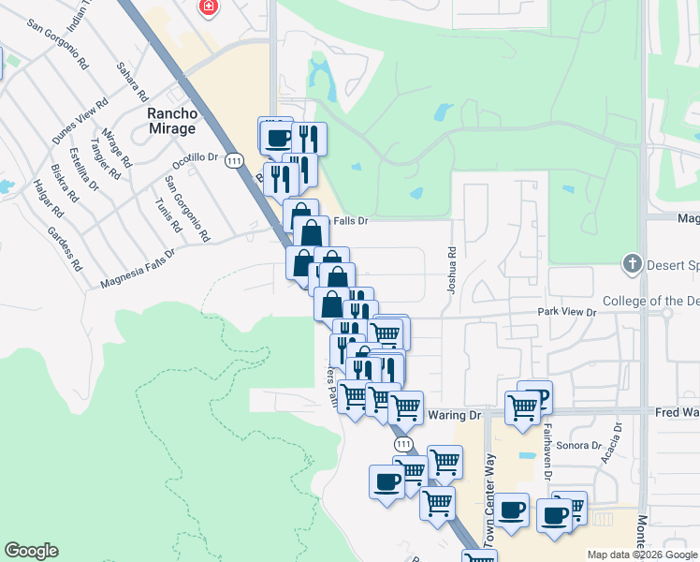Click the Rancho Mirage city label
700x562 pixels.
[172, 121]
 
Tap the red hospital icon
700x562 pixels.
[208, 7]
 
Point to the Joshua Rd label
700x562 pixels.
[451, 269]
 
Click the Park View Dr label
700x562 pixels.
[566, 311]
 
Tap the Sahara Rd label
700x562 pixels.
[133, 82]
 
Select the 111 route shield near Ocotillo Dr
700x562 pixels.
[234, 161]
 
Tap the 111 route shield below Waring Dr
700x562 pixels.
[402, 443]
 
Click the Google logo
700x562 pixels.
[31, 551]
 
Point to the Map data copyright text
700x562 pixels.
[641, 555]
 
